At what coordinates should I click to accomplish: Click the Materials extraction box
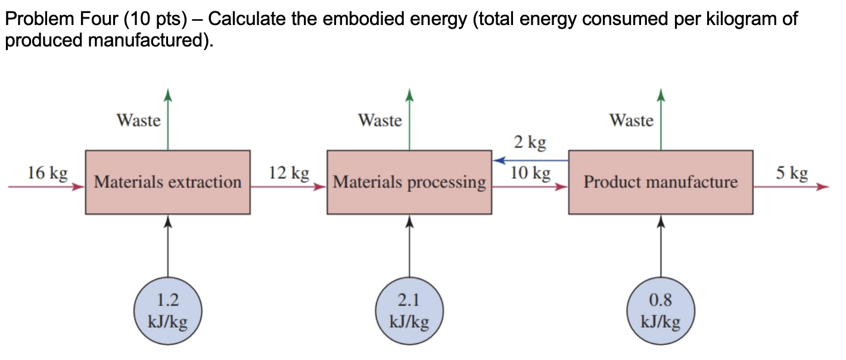tap(167, 182)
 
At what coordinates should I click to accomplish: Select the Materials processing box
tap(409, 182)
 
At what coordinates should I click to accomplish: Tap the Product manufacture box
tap(660, 182)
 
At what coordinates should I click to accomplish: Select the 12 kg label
tap(289, 173)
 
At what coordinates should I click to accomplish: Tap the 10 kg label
tap(530, 173)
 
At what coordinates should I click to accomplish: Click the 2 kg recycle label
tap(529, 142)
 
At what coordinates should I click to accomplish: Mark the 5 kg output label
tap(792, 173)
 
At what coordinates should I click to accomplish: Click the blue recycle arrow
tap(530, 160)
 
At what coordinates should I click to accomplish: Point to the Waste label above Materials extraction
tap(139, 120)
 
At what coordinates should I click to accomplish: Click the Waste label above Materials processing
tap(380, 120)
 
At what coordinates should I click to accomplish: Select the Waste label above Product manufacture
tap(632, 120)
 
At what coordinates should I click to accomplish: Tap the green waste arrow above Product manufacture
tap(660, 119)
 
